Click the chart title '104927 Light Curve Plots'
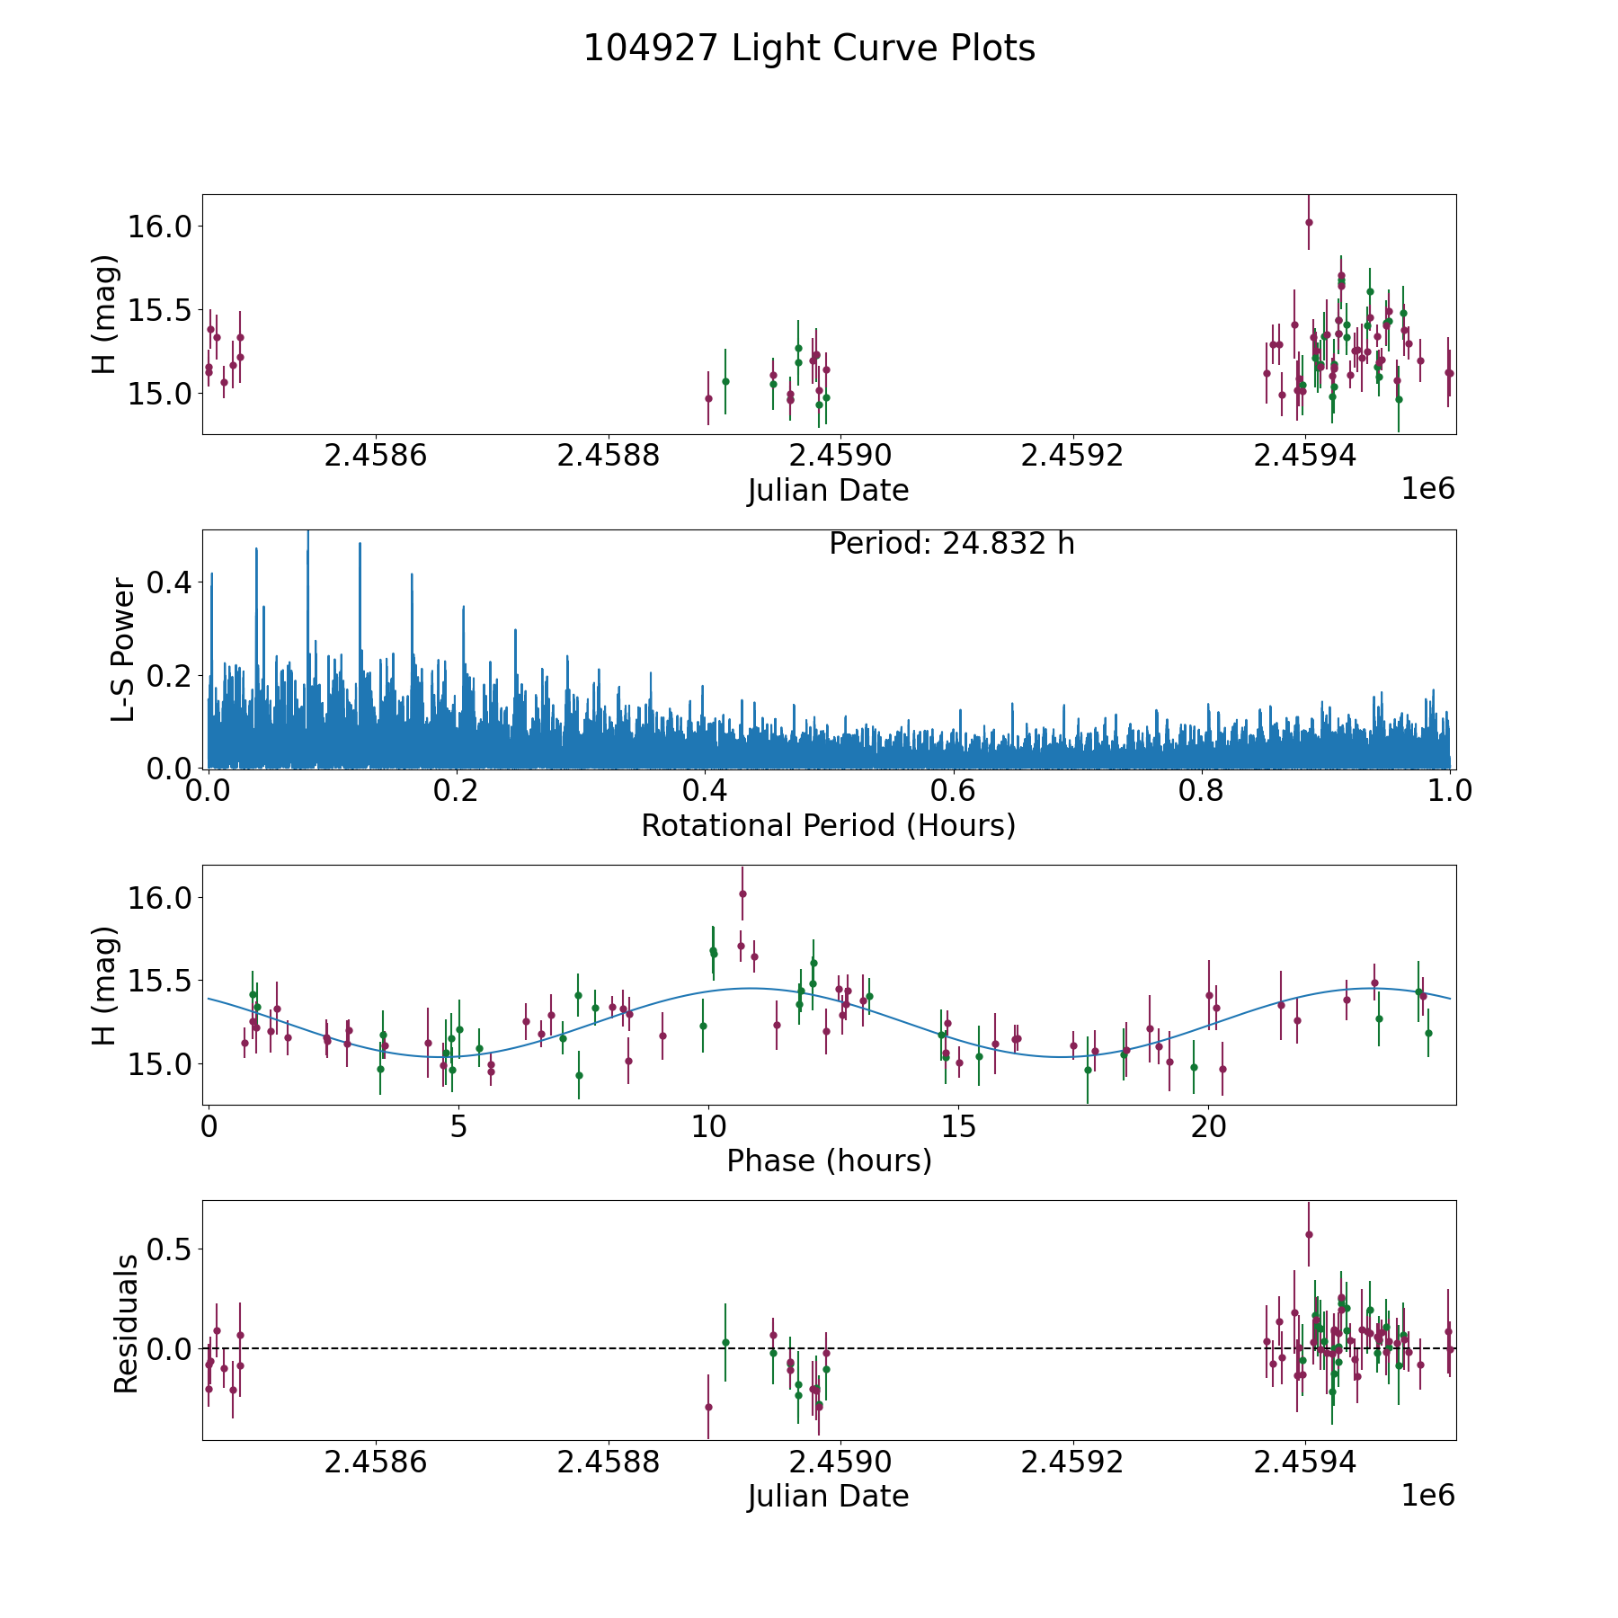tap(809, 49)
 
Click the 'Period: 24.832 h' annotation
tap(951, 544)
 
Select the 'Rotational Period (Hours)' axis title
tap(828, 825)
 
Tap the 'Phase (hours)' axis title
tap(828, 1160)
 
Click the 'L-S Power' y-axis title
tap(124, 649)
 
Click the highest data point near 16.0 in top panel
tap(1309, 222)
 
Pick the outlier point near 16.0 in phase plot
tap(742, 893)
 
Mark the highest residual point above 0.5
tap(1309, 1234)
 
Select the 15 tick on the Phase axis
tap(959, 1126)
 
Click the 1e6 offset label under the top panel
tap(1427, 489)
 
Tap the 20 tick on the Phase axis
tap(1209, 1126)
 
